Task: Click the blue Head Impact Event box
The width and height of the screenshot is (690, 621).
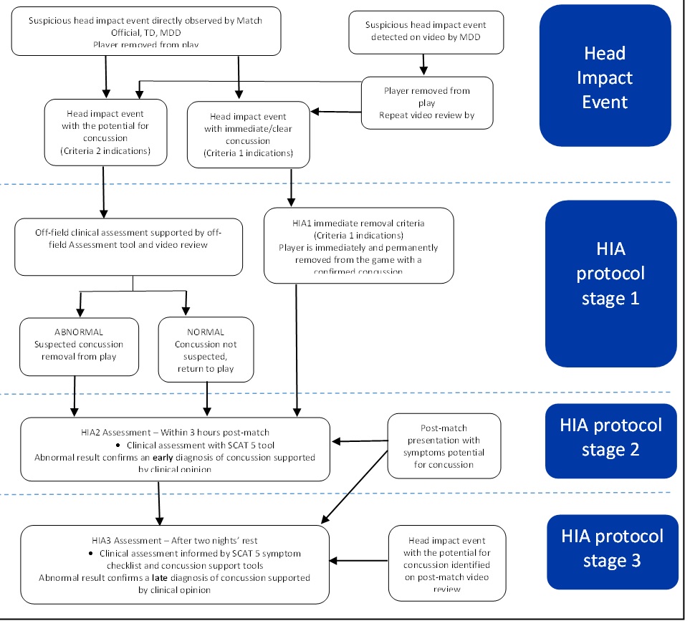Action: [x=605, y=77]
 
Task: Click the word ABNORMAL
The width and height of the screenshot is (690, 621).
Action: [x=79, y=332]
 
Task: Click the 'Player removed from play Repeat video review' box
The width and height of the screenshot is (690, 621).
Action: [x=427, y=102]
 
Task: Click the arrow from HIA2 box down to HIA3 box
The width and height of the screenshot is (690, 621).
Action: [x=158, y=502]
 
